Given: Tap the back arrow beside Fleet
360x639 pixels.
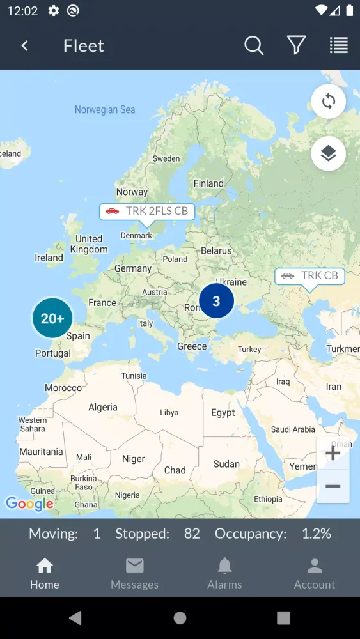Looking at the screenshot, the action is (25, 45).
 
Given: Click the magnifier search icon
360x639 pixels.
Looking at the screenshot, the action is (254, 45).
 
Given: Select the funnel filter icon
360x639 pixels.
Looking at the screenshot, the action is (296, 45).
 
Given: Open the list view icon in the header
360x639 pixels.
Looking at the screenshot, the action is (339, 45).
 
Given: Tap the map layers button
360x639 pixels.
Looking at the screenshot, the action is (329, 153).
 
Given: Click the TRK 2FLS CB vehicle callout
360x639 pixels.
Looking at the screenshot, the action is (147, 212).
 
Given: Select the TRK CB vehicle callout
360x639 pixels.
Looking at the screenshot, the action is (310, 276).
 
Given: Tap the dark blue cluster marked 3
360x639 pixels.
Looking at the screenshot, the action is (216, 301).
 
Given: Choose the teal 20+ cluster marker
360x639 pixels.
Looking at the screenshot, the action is (52, 318).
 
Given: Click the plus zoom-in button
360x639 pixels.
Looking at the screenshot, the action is (333, 454).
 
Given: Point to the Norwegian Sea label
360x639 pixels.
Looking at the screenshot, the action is (105, 110).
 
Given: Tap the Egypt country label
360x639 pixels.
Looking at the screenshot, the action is (223, 413).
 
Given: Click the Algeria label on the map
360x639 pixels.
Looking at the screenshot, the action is (103, 407).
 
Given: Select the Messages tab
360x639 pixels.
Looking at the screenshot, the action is (134, 574).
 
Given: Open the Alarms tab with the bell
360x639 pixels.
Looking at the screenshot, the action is (224, 574).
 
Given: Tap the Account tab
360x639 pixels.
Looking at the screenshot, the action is (314, 574).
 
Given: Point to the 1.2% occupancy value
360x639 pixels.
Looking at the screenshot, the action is (317, 534).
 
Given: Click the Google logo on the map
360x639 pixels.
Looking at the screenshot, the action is (29, 504).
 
